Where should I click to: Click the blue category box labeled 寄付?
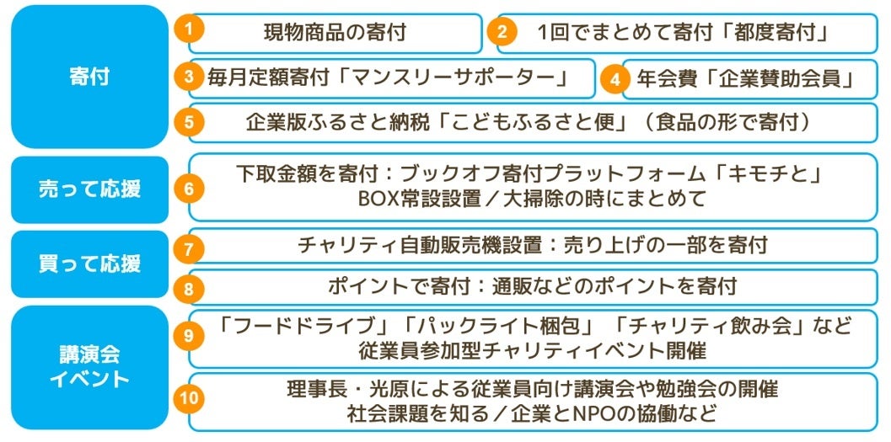pyautogui.click(x=89, y=77)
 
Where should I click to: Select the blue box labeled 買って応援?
pyautogui.click(x=89, y=263)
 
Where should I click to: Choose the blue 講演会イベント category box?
pyautogui.click(x=89, y=367)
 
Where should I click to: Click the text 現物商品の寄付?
pyautogui.click(x=335, y=33)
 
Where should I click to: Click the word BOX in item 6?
pyautogui.click(x=377, y=200)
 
